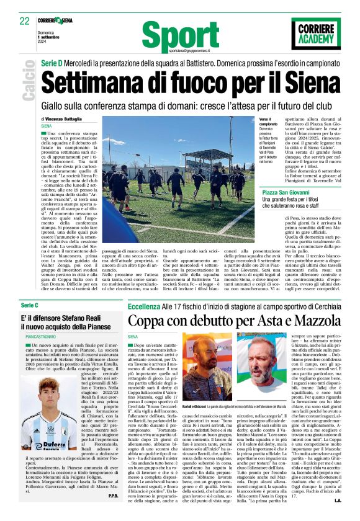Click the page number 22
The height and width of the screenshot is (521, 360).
click(x=25, y=20)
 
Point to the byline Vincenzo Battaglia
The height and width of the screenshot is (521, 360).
click(x=64, y=118)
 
